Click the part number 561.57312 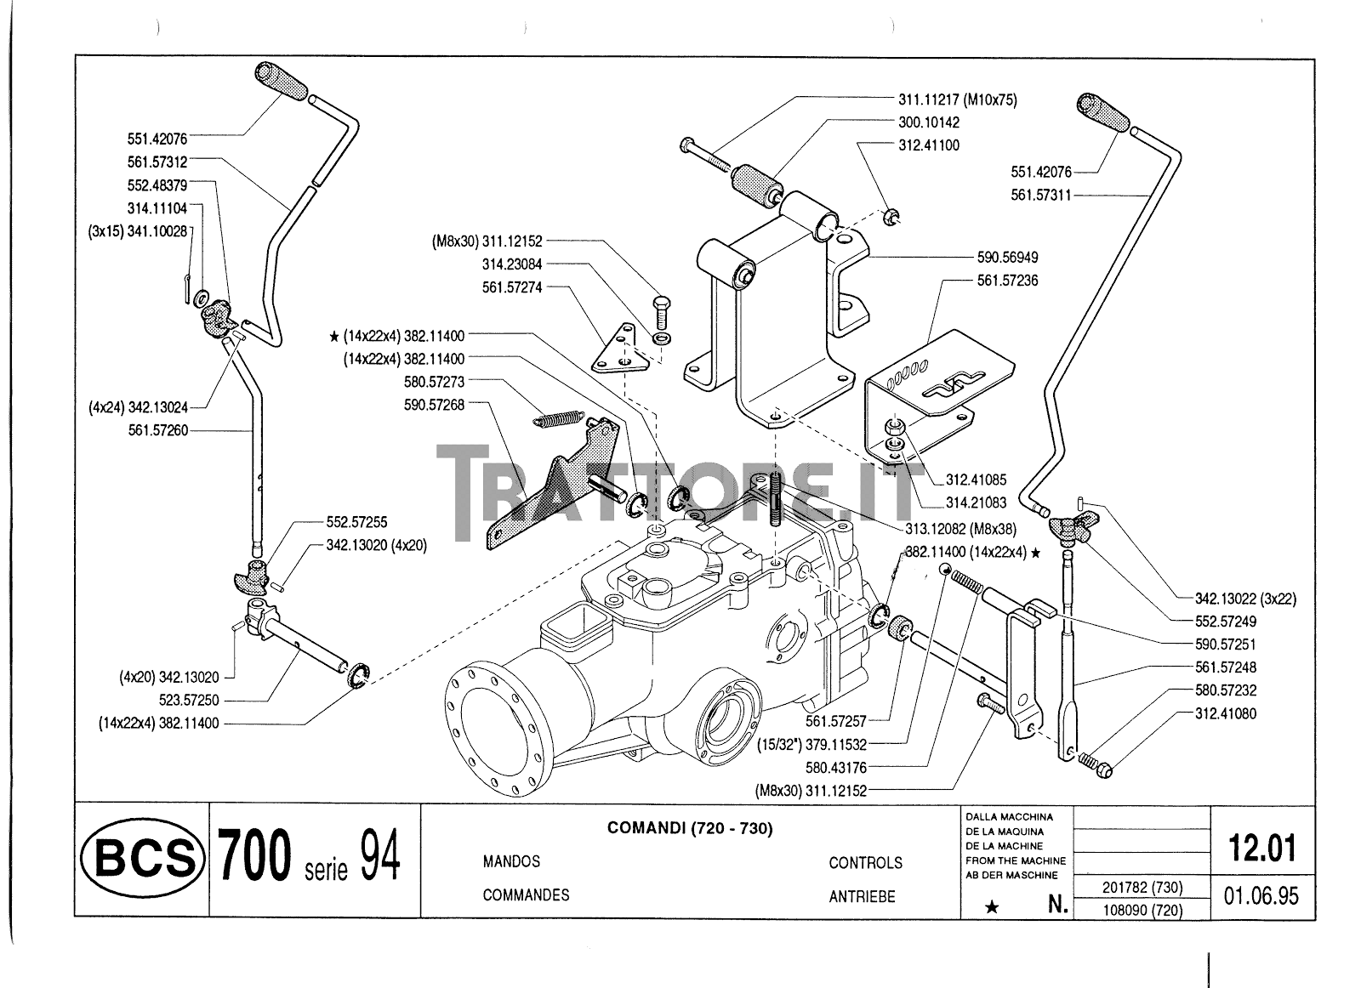pyautogui.click(x=157, y=162)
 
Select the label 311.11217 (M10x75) pyautogui.click(x=957, y=99)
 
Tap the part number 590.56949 pyautogui.click(x=1007, y=257)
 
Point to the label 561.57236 pyautogui.click(x=1007, y=280)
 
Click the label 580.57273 pyautogui.click(x=434, y=382)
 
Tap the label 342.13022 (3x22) pyautogui.click(x=1233, y=599)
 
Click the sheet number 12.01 pyautogui.click(x=1262, y=848)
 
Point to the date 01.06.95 pyautogui.click(x=1261, y=896)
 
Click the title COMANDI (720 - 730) pyautogui.click(x=689, y=828)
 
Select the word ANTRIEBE pyautogui.click(x=862, y=896)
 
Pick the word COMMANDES pyautogui.click(x=526, y=894)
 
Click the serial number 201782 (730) pyautogui.click(x=1142, y=888)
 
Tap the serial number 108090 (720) pyautogui.click(x=1142, y=910)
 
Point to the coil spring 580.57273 pyautogui.click(x=557, y=418)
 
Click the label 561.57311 pyautogui.click(x=1040, y=195)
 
